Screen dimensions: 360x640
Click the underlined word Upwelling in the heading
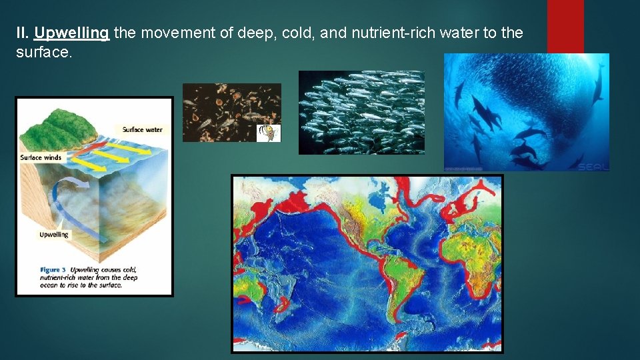pos(71,33)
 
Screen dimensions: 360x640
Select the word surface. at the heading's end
pos(43,52)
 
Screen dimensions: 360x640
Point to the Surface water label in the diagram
pos(142,129)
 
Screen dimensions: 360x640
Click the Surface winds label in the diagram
pos(41,158)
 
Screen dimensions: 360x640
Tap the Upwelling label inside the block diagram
pos(54,235)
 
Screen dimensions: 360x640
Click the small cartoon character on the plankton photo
pos(269,132)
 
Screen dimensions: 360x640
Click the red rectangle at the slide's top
pos(565,27)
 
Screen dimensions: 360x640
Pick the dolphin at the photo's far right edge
pos(598,83)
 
